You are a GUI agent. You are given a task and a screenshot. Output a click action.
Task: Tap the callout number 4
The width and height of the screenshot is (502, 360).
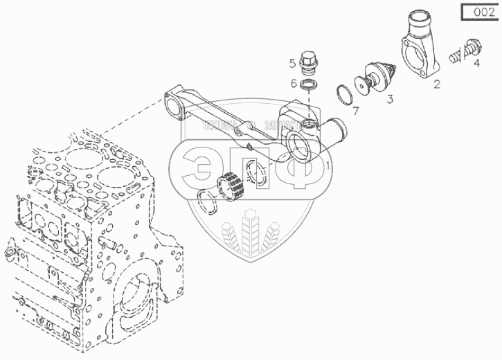point(476,64)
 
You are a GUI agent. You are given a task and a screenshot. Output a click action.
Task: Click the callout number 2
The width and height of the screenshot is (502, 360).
point(437,85)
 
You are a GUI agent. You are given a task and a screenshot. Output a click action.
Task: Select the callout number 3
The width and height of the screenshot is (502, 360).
point(390,99)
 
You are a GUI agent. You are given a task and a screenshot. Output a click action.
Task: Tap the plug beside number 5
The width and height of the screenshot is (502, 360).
point(308,64)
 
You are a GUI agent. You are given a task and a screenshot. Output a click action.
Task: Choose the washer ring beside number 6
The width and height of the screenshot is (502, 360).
point(309,84)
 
